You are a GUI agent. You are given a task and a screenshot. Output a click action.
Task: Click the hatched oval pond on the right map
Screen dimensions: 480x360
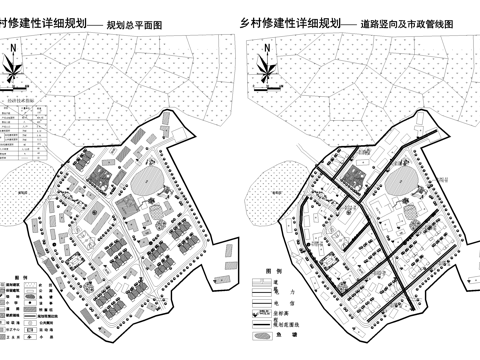click(x=399, y=183)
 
